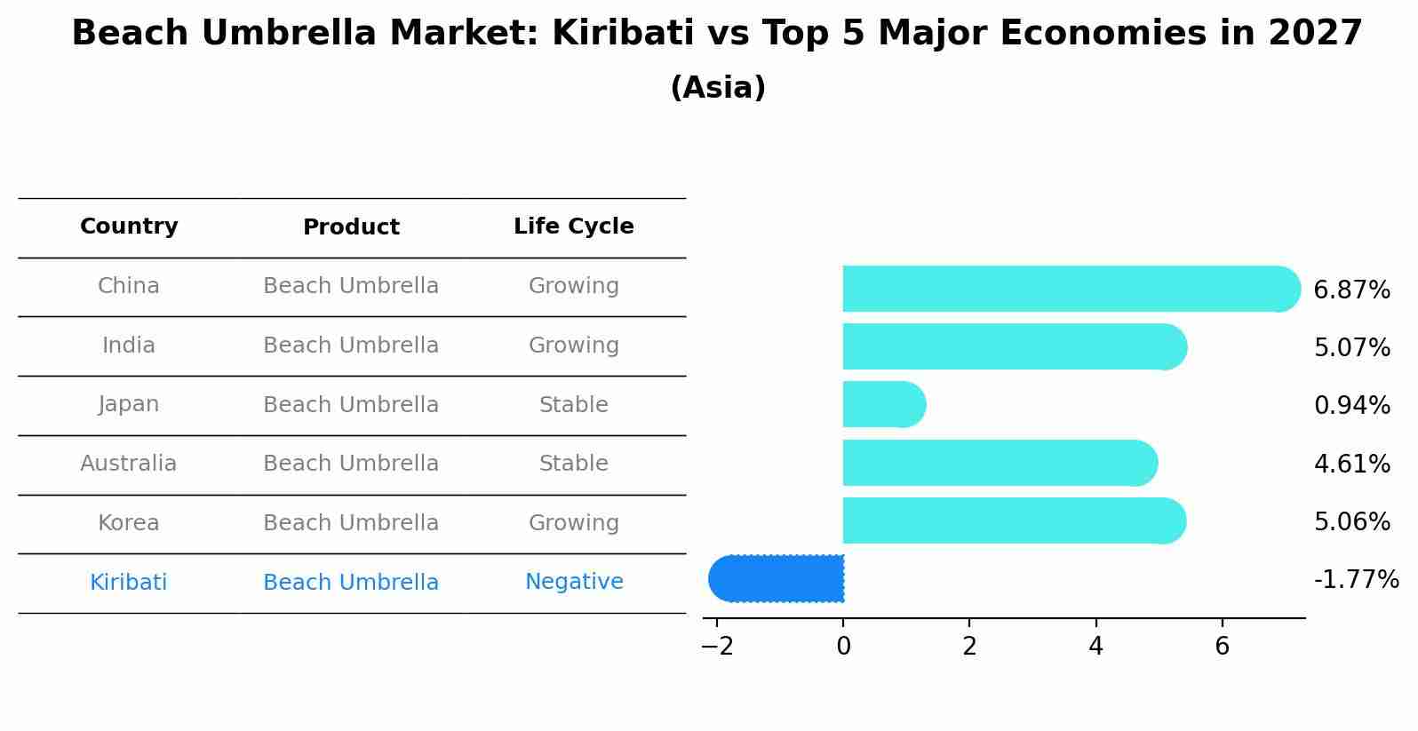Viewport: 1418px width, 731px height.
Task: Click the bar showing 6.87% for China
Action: [x=1066, y=289]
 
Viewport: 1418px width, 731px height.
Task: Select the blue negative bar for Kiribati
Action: [x=777, y=578]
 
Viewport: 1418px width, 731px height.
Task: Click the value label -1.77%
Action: [x=1356, y=580]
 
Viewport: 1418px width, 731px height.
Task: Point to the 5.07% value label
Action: [x=1351, y=347]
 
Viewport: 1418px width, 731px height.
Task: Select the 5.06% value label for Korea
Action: [x=1351, y=521]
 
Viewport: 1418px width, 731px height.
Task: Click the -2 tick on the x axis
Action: [x=717, y=647]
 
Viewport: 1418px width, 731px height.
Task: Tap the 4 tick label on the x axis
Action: [x=1095, y=647]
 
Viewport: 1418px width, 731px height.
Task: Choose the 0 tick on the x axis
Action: [x=843, y=647]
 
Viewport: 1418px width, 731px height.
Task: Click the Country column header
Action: [x=129, y=226]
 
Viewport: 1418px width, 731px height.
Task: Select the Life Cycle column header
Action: [x=573, y=226]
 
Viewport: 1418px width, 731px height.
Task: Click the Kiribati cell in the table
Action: [x=129, y=582]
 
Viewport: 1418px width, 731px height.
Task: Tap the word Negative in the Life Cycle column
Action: [x=573, y=582]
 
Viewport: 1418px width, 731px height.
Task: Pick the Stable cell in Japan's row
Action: [x=573, y=405]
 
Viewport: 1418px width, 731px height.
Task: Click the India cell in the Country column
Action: [x=129, y=346]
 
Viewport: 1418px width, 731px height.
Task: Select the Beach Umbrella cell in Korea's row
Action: [x=351, y=523]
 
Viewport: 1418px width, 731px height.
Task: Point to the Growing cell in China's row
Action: [x=573, y=286]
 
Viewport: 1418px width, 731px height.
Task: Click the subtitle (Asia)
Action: [x=717, y=88]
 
